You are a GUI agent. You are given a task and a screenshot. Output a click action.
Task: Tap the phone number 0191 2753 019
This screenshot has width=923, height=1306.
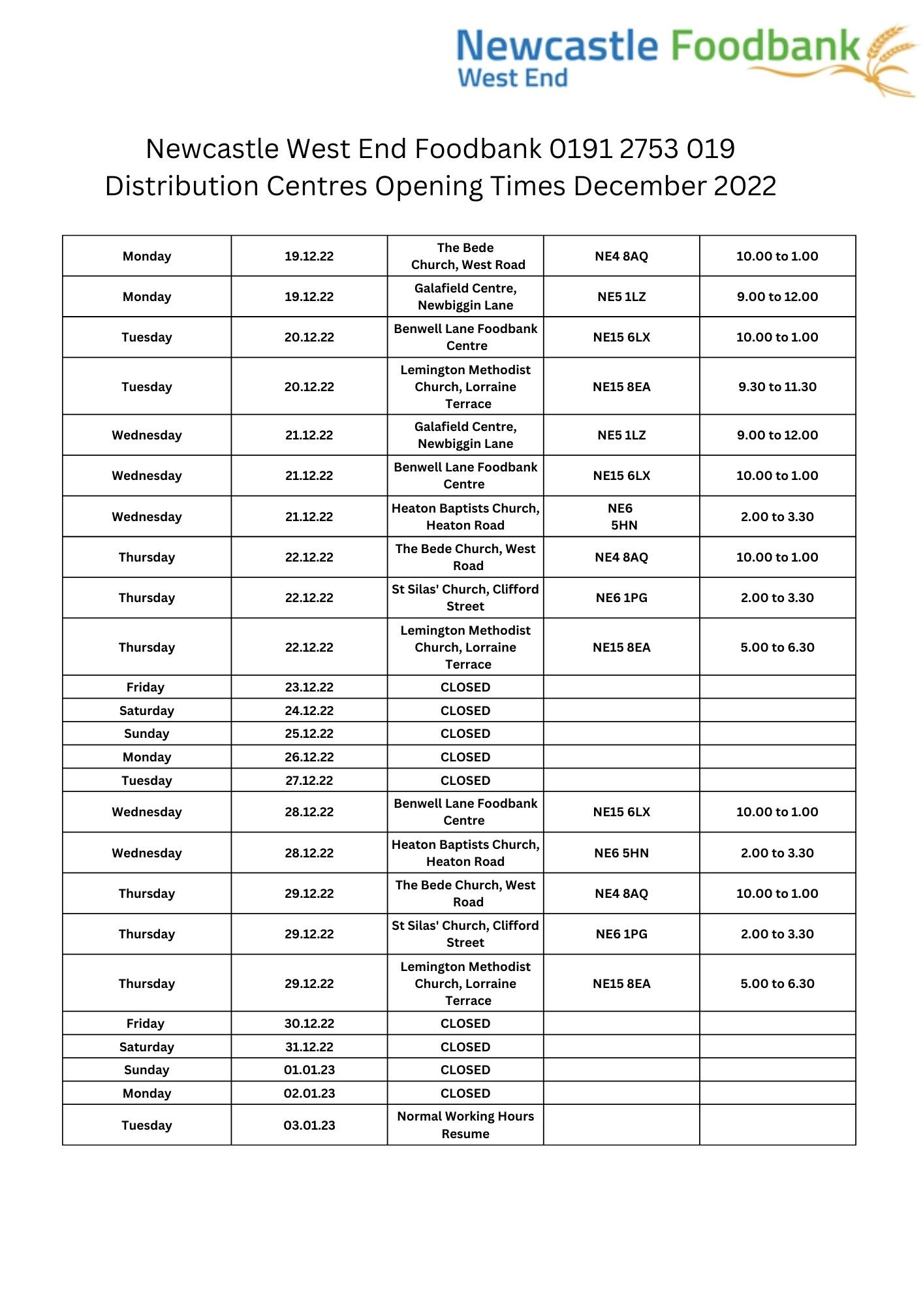click(x=642, y=149)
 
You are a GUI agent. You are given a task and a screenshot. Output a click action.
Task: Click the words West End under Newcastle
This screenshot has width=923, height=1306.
click(x=512, y=78)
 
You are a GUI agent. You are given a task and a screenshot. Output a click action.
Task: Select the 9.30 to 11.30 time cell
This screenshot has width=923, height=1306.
click(x=777, y=387)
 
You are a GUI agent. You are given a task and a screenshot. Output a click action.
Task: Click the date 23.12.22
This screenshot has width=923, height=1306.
click(x=309, y=687)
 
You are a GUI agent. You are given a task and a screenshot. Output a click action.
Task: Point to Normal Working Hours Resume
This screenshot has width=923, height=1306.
click(x=465, y=1124)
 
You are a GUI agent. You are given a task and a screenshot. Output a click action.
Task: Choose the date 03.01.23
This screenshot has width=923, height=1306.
click(x=309, y=1125)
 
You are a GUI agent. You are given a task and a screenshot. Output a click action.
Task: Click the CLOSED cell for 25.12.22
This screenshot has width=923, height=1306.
click(x=465, y=733)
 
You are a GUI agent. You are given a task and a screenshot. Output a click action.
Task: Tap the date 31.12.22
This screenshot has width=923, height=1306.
click(x=309, y=1047)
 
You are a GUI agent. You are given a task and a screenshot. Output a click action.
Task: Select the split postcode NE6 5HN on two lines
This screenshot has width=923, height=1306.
click(x=621, y=517)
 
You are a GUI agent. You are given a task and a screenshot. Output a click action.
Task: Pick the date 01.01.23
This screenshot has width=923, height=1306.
click(x=309, y=1070)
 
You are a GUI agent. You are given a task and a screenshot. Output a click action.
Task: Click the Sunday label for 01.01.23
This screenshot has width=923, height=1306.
click(x=146, y=1070)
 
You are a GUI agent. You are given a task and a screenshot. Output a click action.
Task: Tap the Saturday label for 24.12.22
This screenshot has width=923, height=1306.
click(x=146, y=710)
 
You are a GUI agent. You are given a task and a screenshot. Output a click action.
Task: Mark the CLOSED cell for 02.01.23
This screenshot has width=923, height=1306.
click(x=465, y=1093)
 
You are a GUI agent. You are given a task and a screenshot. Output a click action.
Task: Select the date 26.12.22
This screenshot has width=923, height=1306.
click(x=309, y=757)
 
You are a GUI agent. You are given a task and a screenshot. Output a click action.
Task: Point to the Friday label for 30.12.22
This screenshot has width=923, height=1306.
click(x=146, y=1023)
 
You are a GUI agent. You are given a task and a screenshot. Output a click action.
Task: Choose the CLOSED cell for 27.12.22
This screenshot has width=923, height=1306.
click(x=465, y=780)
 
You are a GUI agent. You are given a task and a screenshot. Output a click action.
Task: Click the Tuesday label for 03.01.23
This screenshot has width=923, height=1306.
click(x=146, y=1125)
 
